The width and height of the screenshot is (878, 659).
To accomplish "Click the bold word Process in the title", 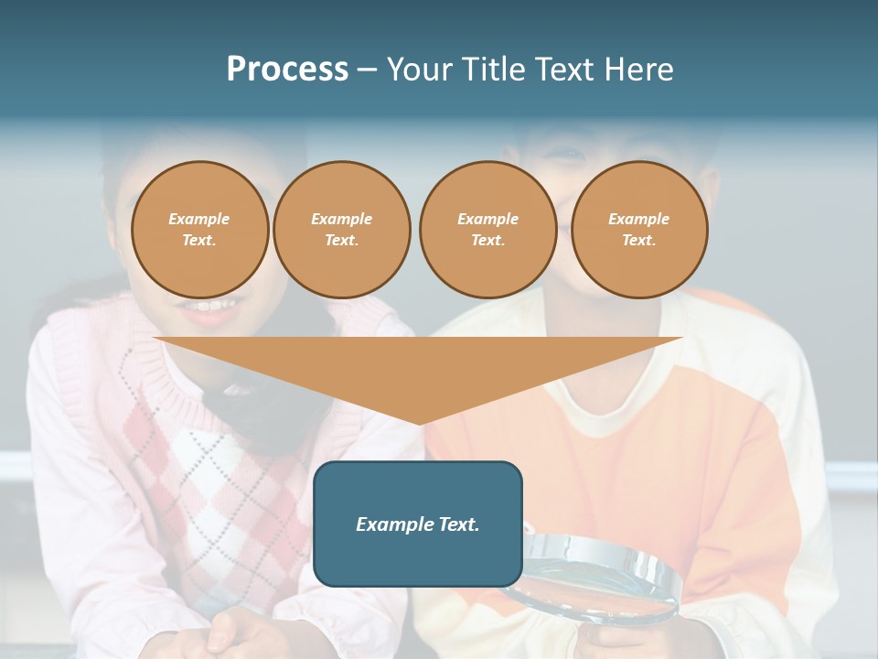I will pyautogui.click(x=287, y=70).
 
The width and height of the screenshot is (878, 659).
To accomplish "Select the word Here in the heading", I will pyautogui.click(x=640, y=70).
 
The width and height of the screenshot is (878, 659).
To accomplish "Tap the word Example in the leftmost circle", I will pyautogui.click(x=199, y=219).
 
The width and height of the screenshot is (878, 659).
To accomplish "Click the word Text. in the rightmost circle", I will pyautogui.click(x=639, y=241).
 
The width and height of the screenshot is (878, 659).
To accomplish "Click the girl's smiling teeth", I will pyautogui.click(x=212, y=305).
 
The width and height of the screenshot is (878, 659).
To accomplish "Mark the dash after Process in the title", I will pyautogui.click(x=368, y=70).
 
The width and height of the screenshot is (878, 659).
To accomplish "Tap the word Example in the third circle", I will pyautogui.click(x=487, y=219).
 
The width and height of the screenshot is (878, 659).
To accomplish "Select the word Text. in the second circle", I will pyautogui.click(x=341, y=241).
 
